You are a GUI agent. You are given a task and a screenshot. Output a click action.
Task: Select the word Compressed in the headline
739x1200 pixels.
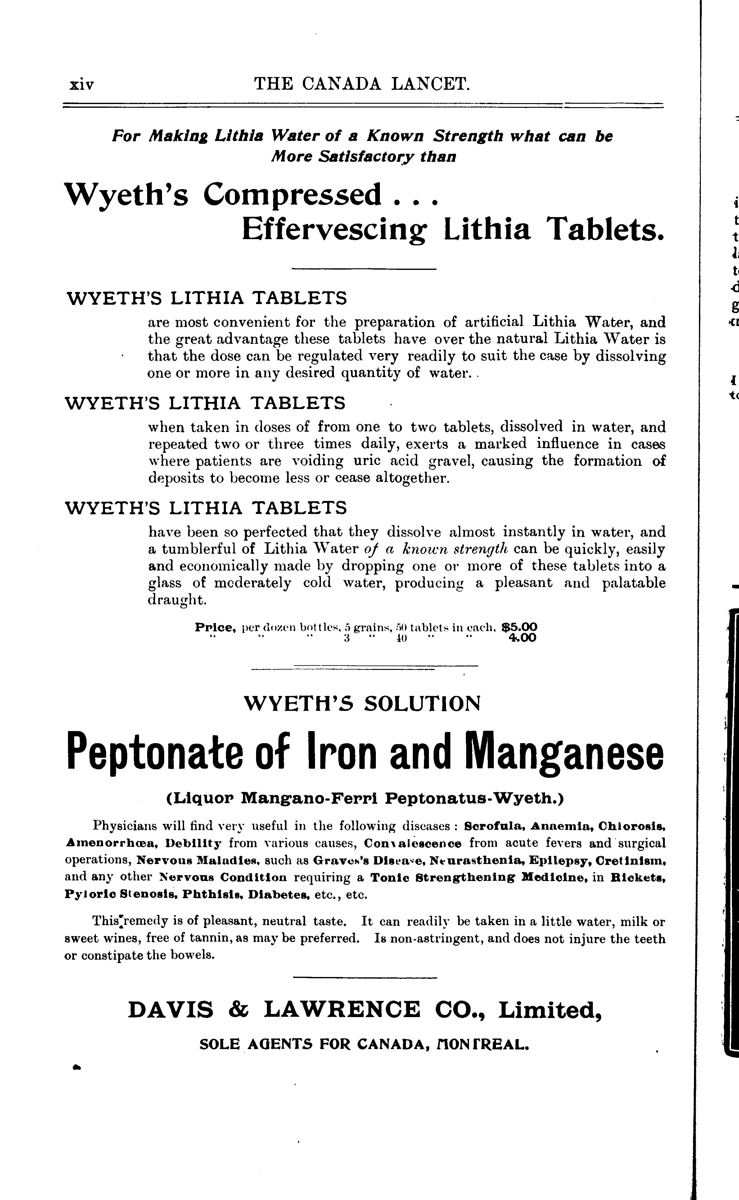point(292,195)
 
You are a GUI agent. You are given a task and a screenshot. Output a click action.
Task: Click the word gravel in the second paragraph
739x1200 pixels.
point(448,461)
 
